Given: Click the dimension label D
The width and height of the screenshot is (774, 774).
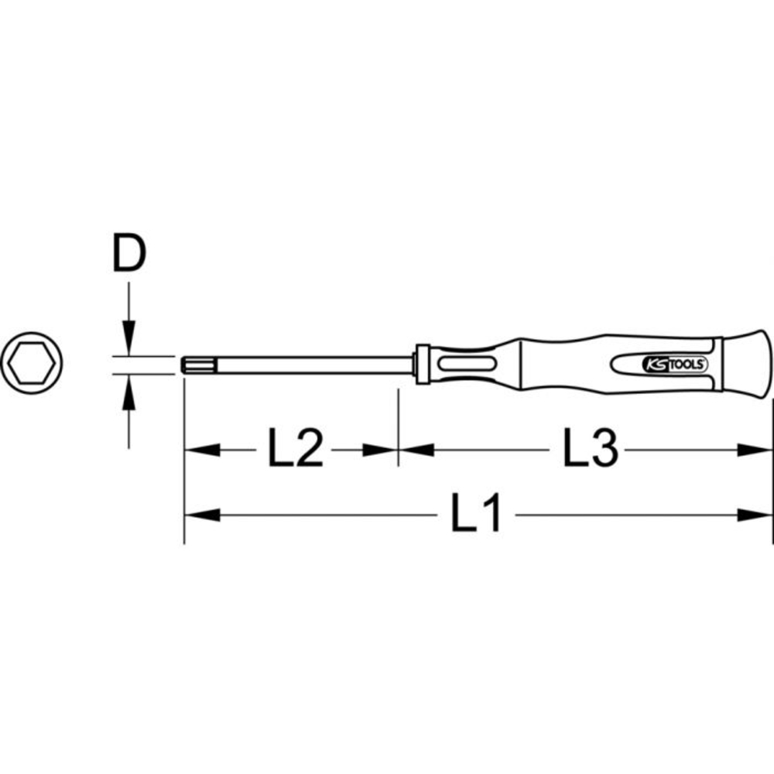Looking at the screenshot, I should (129, 256).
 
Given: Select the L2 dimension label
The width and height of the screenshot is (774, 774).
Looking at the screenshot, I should (295, 450).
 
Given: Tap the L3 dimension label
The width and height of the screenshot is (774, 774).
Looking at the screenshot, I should (591, 450).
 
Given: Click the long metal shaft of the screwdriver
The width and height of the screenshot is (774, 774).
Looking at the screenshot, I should (302, 364).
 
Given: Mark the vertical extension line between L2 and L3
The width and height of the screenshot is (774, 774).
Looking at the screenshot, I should (398, 426).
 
